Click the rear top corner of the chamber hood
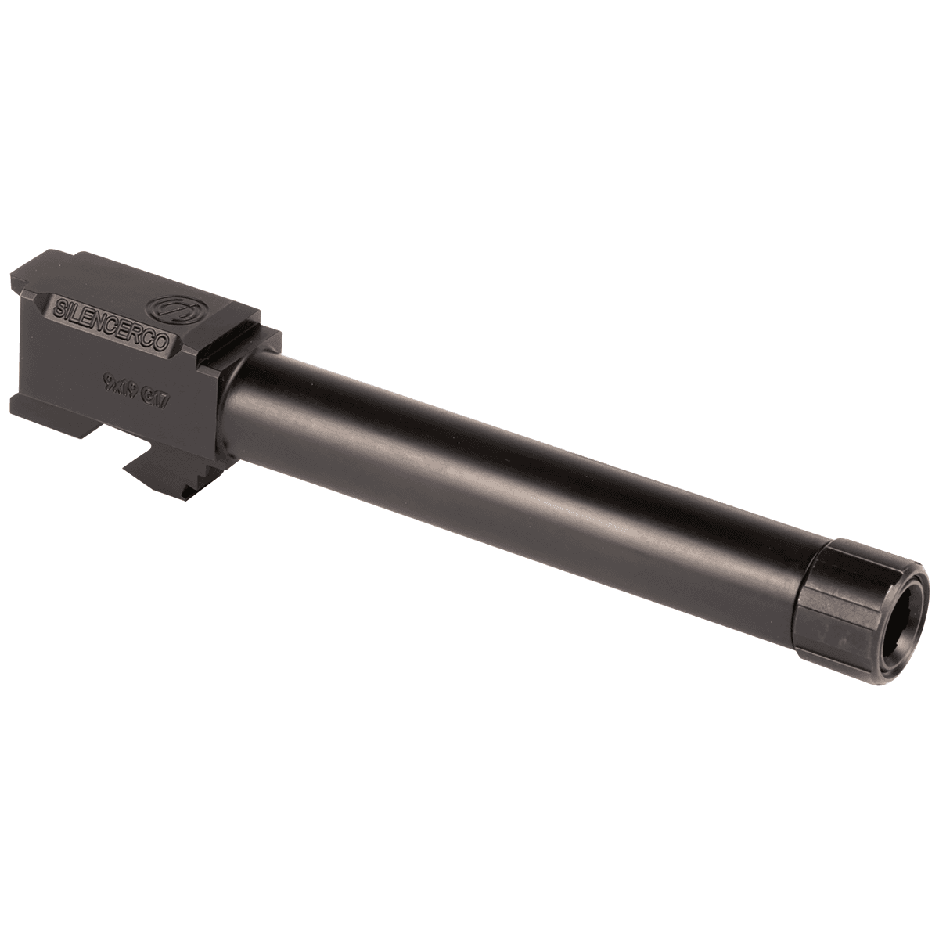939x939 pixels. pos(47,258)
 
